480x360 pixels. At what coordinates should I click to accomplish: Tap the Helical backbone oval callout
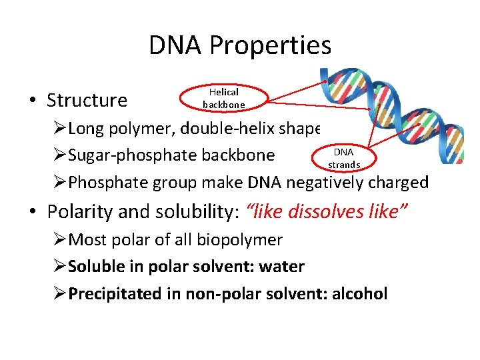coord(224,97)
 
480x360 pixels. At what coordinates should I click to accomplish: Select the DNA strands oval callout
coord(344,158)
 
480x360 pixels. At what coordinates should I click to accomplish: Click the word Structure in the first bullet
coord(87,101)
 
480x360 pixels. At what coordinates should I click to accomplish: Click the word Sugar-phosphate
coord(128,155)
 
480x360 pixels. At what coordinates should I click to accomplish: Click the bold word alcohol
coord(358,294)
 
